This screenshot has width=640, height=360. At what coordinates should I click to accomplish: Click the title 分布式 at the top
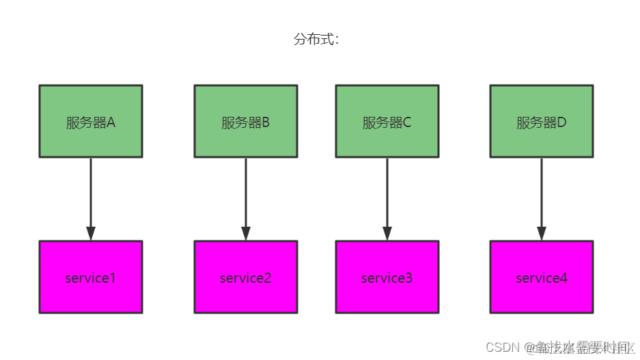click(x=316, y=40)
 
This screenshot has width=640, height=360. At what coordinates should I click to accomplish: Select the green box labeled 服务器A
click(x=91, y=121)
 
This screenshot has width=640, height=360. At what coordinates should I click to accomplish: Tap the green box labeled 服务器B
click(x=246, y=121)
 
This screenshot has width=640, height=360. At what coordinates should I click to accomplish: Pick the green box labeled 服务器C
click(x=387, y=121)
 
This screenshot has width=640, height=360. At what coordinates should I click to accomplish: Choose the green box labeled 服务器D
click(x=542, y=121)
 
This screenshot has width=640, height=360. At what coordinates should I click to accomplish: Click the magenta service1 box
click(x=91, y=277)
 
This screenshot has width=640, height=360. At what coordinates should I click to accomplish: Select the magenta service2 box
click(x=246, y=277)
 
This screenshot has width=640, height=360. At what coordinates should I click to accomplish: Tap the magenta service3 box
click(x=387, y=277)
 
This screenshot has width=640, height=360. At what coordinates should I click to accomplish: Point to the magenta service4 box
click(x=542, y=277)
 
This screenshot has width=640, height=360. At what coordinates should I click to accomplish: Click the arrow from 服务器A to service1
click(x=91, y=195)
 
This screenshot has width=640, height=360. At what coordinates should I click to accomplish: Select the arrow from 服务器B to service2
click(x=246, y=195)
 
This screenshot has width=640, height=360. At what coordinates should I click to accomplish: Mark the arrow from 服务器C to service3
click(x=387, y=195)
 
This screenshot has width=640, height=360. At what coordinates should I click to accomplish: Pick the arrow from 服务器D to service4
click(x=542, y=195)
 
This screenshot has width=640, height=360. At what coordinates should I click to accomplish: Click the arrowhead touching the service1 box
click(x=91, y=233)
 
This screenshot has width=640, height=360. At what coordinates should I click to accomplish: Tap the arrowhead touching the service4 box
click(x=542, y=233)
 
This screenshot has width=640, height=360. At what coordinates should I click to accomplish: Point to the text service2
click(x=246, y=278)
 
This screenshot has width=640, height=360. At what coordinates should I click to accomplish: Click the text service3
click(x=387, y=278)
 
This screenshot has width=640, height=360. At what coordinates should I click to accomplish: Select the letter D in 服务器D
click(x=562, y=123)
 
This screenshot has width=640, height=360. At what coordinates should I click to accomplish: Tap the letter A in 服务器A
click(x=111, y=123)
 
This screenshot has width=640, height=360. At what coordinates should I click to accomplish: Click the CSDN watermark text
click(x=502, y=348)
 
